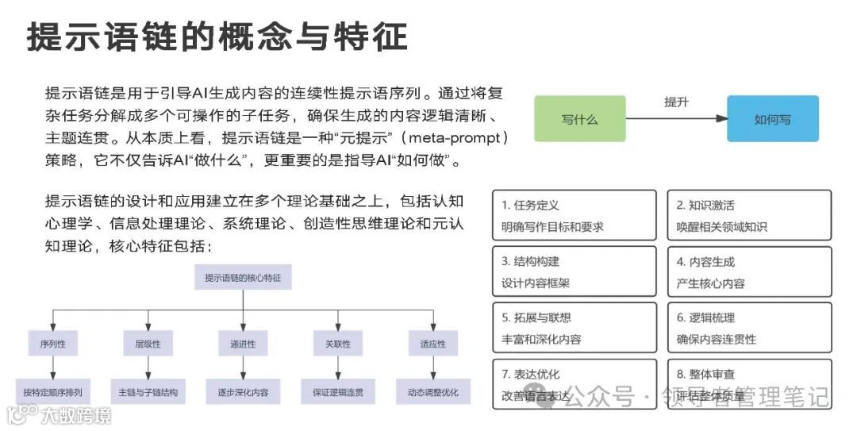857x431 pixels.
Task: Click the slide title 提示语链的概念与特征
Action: click(217, 37)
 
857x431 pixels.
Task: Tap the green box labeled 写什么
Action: click(579, 119)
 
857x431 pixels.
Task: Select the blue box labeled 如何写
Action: click(772, 119)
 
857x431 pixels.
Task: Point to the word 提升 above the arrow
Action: click(676, 102)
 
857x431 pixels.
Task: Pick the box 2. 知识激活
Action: click(748, 215)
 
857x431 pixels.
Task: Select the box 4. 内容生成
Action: click(748, 271)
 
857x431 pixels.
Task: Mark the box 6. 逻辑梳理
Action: click(748, 328)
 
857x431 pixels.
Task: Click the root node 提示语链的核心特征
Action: click(243, 278)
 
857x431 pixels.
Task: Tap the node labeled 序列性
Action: click(52, 344)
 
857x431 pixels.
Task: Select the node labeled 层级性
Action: click(148, 344)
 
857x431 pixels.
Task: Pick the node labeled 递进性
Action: click(243, 344)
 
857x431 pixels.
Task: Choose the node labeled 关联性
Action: click(337, 344)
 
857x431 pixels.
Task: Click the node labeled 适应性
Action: click(432, 344)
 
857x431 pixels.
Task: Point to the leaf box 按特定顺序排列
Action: click(52, 392)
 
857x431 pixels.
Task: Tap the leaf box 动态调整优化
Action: click(432, 392)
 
